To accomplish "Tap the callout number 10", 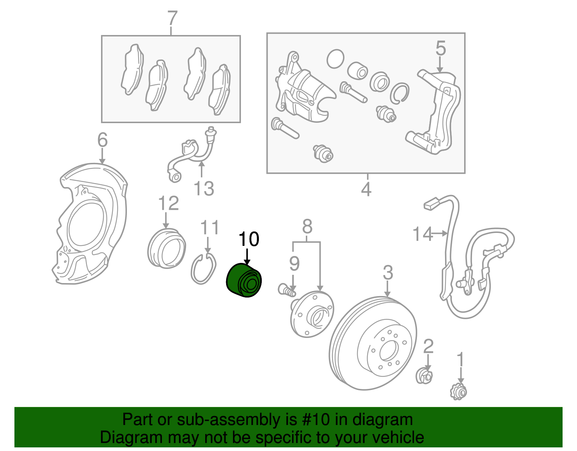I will pos(249,239).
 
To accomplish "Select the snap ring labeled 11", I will pos(203,269).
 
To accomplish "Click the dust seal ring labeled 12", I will pos(167,248).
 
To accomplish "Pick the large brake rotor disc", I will pos(373,343).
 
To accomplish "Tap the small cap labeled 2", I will pos(424,377).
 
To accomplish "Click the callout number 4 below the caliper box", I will pos(366,189).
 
